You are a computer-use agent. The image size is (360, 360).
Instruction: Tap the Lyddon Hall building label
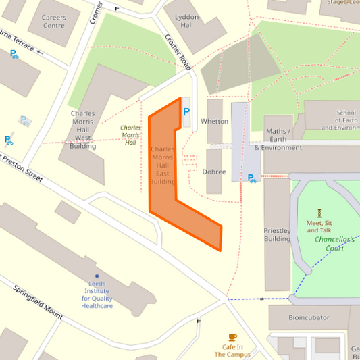tap(187, 20)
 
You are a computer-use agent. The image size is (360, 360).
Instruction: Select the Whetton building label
tap(215, 122)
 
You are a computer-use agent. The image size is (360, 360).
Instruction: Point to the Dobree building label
tap(214, 172)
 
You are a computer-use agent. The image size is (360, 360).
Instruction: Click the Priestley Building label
tap(277, 234)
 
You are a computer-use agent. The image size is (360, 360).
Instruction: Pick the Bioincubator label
tap(309, 317)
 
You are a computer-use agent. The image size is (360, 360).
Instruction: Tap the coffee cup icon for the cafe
tap(233, 337)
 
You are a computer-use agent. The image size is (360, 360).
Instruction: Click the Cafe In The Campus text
tap(233, 350)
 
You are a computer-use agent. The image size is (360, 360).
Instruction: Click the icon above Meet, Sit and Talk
tap(319, 212)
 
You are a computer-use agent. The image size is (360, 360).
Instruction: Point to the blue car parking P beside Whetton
tap(186, 111)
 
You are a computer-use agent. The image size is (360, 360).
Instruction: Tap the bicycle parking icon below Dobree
tap(252, 178)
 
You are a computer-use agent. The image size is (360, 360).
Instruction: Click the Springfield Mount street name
tap(38, 303)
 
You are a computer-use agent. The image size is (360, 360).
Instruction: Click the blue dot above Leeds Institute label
tap(97, 276)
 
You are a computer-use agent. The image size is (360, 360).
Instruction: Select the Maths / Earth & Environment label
tap(278, 139)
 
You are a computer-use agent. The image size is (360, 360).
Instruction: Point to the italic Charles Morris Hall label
tap(130, 134)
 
